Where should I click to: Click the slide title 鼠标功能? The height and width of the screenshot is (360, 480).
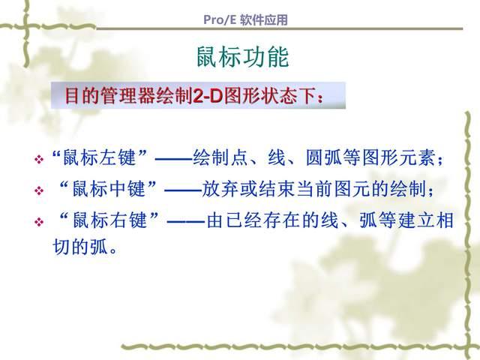[240, 57]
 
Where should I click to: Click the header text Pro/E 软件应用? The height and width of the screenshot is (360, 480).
[245, 21]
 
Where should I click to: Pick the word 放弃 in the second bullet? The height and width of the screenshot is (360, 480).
[219, 190]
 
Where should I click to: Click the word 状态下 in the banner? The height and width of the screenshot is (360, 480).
[292, 97]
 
